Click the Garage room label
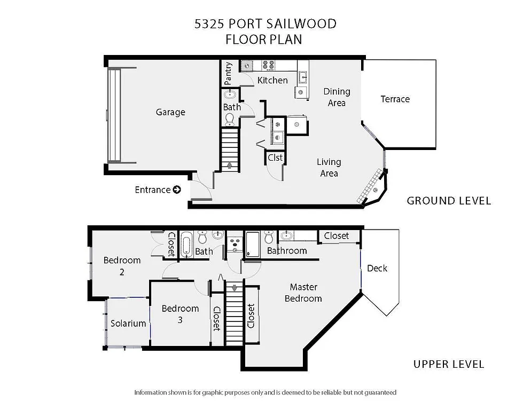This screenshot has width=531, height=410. (170, 112)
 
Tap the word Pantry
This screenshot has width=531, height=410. (228, 73)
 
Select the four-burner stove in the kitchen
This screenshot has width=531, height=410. (268, 66)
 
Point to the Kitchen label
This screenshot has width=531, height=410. (272, 81)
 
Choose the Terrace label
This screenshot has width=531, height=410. (395, 99)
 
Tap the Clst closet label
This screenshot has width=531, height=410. (275, 157)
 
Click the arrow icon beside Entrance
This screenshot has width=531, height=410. (177, 190)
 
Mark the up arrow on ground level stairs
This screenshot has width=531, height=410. (230, 165)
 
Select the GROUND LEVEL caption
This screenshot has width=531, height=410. (449, 201)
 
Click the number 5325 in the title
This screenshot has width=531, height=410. (209, 24)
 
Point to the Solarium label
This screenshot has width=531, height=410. (128, 323)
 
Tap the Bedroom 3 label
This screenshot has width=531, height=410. (180, 313)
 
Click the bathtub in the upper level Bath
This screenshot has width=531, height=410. (186, 245)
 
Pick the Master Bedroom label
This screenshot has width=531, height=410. (303, 293)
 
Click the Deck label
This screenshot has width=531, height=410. (377, 268)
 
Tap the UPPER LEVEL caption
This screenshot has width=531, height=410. (449, 364)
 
